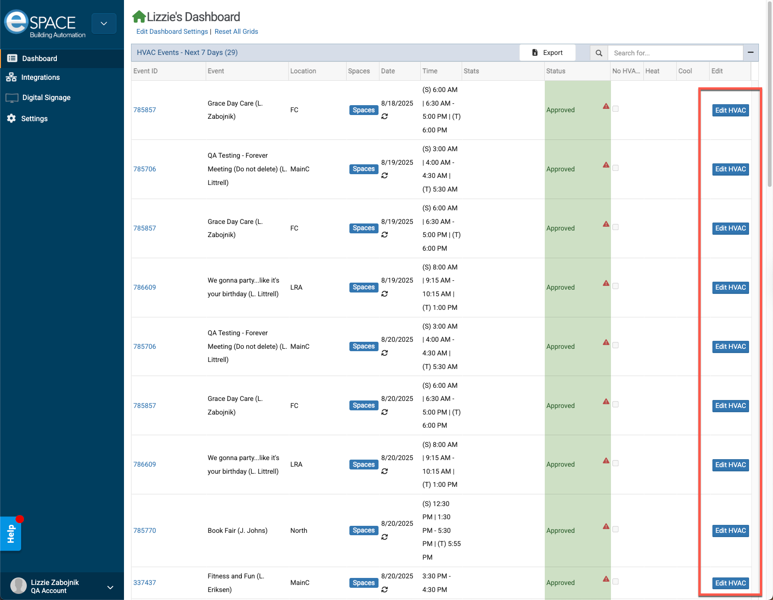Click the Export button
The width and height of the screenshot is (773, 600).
click(x=547, y=53)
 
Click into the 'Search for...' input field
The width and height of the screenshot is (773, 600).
click(x=675, y=53)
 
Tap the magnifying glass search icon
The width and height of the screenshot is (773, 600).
click(x=599, y=53)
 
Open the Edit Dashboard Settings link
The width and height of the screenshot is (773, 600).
click(x=172, y=31)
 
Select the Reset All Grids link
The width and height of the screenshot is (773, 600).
click(x=236, y=31)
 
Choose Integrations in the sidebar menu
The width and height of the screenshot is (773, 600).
click(x=40, y=77)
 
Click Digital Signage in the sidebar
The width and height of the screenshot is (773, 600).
click(x=46, y=98)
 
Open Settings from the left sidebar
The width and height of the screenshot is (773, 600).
click(x=34, y=119)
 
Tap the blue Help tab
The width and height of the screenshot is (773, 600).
click(x=11, y=534)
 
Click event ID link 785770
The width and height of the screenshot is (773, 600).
click(x=145, y=531)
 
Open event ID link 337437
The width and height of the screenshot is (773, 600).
click(x=145, y=583)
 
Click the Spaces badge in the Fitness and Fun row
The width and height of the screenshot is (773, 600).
click(x=363, y=583)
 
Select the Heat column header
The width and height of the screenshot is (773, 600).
click(x=652, y=71)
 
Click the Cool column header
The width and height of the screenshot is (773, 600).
click(x=685, y=71)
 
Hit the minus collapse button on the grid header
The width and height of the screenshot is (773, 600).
click(x=750, y=53)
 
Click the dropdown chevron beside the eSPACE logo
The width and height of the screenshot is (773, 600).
click(x=104, y=23)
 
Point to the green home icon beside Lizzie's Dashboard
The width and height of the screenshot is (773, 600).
click(x=139, y=17)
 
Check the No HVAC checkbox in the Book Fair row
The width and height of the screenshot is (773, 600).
click(x=616, y=529)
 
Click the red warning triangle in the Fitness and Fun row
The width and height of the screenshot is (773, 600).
click(x=606, y=579)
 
